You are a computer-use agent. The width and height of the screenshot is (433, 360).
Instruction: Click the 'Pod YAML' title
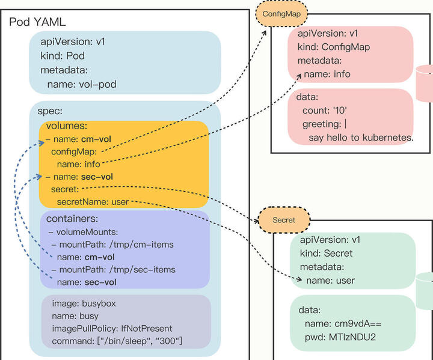click(37, 22)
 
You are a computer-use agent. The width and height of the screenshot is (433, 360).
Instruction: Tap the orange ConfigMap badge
click(281, 13)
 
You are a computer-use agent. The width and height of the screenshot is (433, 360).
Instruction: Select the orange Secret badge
click(283, 220)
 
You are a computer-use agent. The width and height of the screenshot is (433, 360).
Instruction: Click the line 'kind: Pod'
click(63, 56)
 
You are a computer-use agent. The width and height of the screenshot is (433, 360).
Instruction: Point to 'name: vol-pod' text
click(82, 85)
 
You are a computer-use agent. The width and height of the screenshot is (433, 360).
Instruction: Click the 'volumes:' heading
click(66, 126)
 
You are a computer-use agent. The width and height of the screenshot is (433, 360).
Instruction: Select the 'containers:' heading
click(72, 219)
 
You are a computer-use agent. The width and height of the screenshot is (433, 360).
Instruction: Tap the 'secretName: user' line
click(93, 202)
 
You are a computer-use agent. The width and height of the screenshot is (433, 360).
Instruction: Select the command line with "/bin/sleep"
click(114, 341)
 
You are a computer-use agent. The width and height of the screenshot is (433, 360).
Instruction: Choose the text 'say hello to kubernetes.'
click(361, 138)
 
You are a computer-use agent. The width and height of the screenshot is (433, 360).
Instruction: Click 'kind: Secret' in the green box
click(330, 253)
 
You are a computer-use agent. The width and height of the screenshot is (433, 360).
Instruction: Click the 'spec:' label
click(50, 111)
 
